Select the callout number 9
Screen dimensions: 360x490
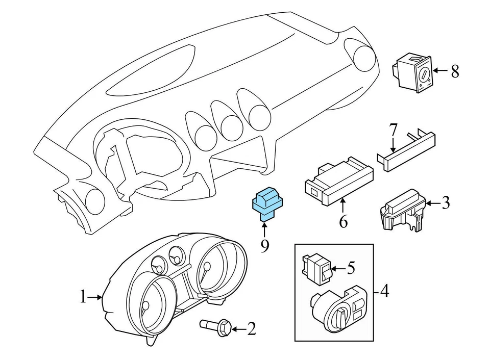tap(265, 246)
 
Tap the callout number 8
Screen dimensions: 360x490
tap(455, 71)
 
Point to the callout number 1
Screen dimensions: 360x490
tap(83, 297)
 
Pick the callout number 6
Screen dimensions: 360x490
tap(343, 222)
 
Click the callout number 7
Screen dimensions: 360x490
tap(393, 130)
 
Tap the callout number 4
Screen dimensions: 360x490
tap(384, 292)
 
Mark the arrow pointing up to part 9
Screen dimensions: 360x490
tap(265, 229)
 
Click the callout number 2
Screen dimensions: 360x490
tap(251, 329)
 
